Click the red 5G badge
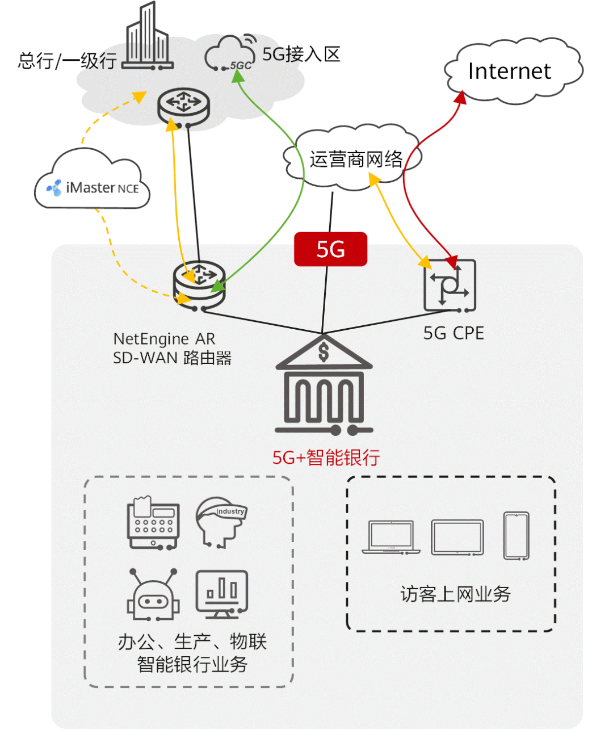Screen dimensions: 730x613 [330, 249]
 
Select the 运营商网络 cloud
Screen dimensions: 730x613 [355, 158]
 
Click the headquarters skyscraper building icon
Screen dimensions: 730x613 [147, 37]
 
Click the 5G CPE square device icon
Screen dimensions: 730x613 [450, 286]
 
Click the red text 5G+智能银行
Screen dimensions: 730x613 [326, 458]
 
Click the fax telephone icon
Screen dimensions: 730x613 [153, 523]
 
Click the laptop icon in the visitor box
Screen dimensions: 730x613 [391, 537]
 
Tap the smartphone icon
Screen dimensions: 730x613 [516, 536]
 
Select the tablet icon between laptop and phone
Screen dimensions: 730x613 [457, 537]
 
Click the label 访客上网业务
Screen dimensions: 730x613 [455, 594]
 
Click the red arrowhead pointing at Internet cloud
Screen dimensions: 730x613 [461, 98]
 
